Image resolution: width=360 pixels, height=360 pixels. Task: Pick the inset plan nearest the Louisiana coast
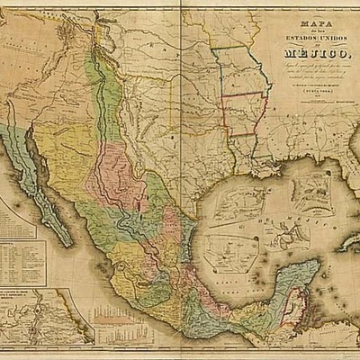(x=236, y=199)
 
